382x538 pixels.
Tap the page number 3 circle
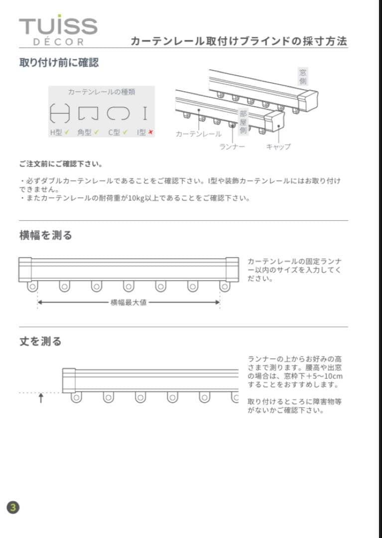click(x=13, y=508)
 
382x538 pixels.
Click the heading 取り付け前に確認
click(x=59, y=63)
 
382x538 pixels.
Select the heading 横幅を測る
click(x=46, y=235)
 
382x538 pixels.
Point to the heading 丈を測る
click(x=40, y=341)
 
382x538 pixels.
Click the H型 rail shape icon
click(x=60, y=114)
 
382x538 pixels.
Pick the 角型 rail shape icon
click(x=88, y=114)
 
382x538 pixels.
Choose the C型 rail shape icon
click(x=118, y=114)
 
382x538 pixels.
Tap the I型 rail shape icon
click(x=145, y=114)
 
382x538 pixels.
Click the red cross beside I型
click(x=150, y=133)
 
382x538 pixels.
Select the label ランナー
click(x=232, y=147)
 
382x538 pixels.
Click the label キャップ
click(x=278, y=147)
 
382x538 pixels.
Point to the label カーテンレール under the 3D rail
click(x=199, y=134)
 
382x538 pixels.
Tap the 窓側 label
click(x=303, y=77)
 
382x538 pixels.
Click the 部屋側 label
click(x=243, y=122)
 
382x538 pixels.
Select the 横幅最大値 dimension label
click(x=128, y=302)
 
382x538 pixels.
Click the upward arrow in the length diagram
click(x=41, y=398)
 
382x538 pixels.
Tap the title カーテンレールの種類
click(x=102, y=92)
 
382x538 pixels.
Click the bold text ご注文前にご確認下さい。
click(x=61, y=164)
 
